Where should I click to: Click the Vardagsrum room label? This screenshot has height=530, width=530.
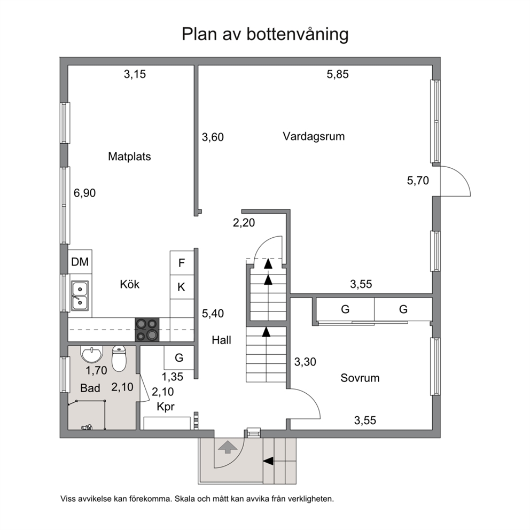point(314,137)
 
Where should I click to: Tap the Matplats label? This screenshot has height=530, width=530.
point(129,157)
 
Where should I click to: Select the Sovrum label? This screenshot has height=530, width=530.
point(360,378)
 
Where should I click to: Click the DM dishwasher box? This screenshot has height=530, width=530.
point(80,262)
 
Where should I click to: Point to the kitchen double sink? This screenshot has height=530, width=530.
point(80,296)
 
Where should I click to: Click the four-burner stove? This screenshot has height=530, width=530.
point(147,330)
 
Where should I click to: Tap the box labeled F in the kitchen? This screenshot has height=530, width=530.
point(182,263)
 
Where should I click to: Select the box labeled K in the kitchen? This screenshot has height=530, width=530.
point(182,287)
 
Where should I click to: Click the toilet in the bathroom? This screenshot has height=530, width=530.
point(119,358)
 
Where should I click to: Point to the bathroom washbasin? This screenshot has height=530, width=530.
point(91,354)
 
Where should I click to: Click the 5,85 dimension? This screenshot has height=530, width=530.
point(338,74)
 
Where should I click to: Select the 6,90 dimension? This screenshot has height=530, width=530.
point(84,193)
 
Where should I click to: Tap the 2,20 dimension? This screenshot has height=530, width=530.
point(244,223)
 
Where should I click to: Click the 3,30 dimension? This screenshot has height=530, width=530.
point(305,362)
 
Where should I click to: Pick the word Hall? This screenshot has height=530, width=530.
point(221,340)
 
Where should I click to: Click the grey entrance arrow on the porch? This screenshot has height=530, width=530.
point(228,447)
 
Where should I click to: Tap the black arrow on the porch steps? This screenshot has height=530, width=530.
point(268,461)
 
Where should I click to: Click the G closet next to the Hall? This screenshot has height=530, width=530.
point(179,357)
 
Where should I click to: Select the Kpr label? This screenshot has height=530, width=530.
point(166,407)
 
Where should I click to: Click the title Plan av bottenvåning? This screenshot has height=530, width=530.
point(265,34)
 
